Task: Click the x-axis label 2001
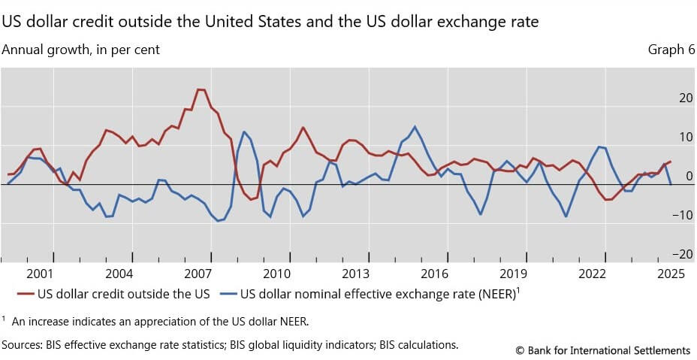click(x=41, y=274)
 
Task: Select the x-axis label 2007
click(x=198, y=274)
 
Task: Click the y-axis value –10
click(x=683, y=215)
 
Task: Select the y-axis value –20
click(x=683, y=254)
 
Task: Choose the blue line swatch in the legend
click(x=228, y=293)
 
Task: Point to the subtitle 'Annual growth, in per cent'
click(x=81, y=50)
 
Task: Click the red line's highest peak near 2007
click(x=201, y=89)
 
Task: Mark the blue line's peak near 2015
click(x=415, y=126)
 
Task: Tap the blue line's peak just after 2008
click(x=244, y=132)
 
